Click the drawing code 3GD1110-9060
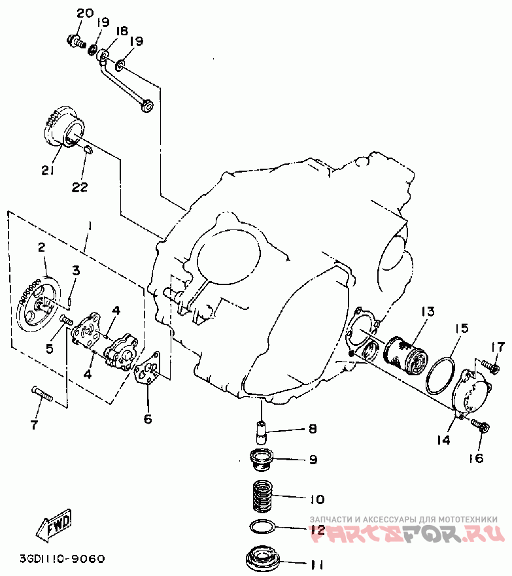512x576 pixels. (62, 559)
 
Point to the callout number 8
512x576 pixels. (313, 429)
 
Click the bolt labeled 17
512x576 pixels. (488, 362)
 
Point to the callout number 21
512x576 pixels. (47, 171)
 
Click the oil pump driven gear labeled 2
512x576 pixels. (37, 304)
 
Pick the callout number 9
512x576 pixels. (313, 460)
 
